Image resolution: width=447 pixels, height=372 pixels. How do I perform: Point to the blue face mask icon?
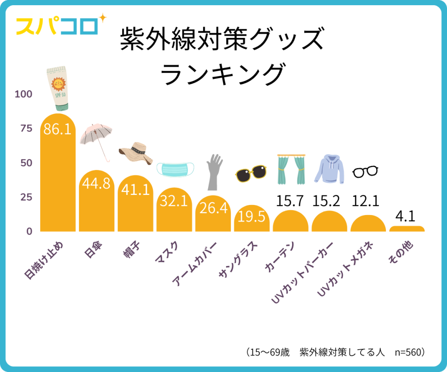point(175,170)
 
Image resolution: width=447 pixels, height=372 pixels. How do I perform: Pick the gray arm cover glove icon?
point(214,171)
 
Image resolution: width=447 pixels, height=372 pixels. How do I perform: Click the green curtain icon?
point(291,169)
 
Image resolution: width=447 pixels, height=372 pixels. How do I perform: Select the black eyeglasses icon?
point(365,172)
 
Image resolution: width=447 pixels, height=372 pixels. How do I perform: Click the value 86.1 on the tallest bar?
point(58,130)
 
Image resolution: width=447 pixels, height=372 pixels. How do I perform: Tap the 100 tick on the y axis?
point(24,94)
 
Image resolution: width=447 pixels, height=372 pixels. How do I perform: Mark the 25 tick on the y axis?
point(26,197)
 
